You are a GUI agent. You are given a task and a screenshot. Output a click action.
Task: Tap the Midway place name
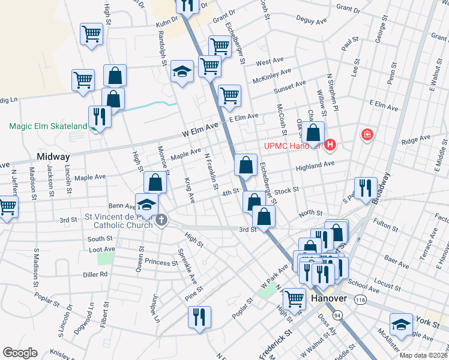(53, 156)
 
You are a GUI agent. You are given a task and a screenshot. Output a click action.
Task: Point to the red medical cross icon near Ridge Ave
(366, 135)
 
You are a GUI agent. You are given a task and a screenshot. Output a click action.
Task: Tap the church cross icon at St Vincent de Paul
(161, 221)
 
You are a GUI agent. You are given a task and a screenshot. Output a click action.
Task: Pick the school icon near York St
(401, 324)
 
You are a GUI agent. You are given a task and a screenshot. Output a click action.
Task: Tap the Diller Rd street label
(95, 274)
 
